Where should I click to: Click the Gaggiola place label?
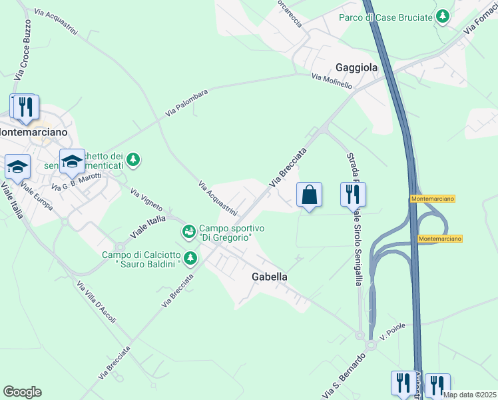356,67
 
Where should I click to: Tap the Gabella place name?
269,276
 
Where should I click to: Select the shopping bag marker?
309,195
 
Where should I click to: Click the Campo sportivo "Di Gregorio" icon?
189,232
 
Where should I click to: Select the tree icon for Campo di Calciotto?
190,257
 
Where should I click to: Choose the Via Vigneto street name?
146,202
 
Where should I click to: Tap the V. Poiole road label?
392,330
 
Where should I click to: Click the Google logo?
22,392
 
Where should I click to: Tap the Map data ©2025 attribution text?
469,395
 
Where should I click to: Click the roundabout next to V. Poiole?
360,337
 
